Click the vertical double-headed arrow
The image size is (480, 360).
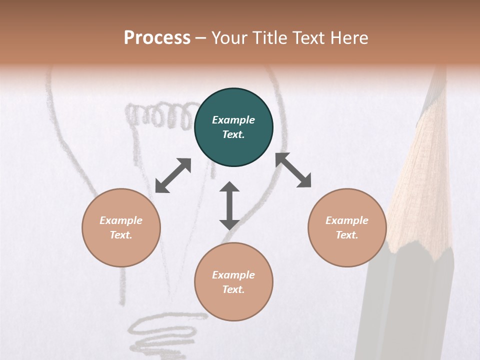coord(229,205)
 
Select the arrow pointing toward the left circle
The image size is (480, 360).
coord(173,175)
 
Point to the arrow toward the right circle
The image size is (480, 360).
coord(293,170)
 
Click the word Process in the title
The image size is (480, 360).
coord(157,37)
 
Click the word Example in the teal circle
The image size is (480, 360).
coord(233,120)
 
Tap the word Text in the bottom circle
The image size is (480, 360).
coord(233,289)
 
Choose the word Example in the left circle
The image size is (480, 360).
coord(121,220)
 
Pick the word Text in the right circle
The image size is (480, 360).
coord(347,235)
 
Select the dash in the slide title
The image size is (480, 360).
coord(201,38)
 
